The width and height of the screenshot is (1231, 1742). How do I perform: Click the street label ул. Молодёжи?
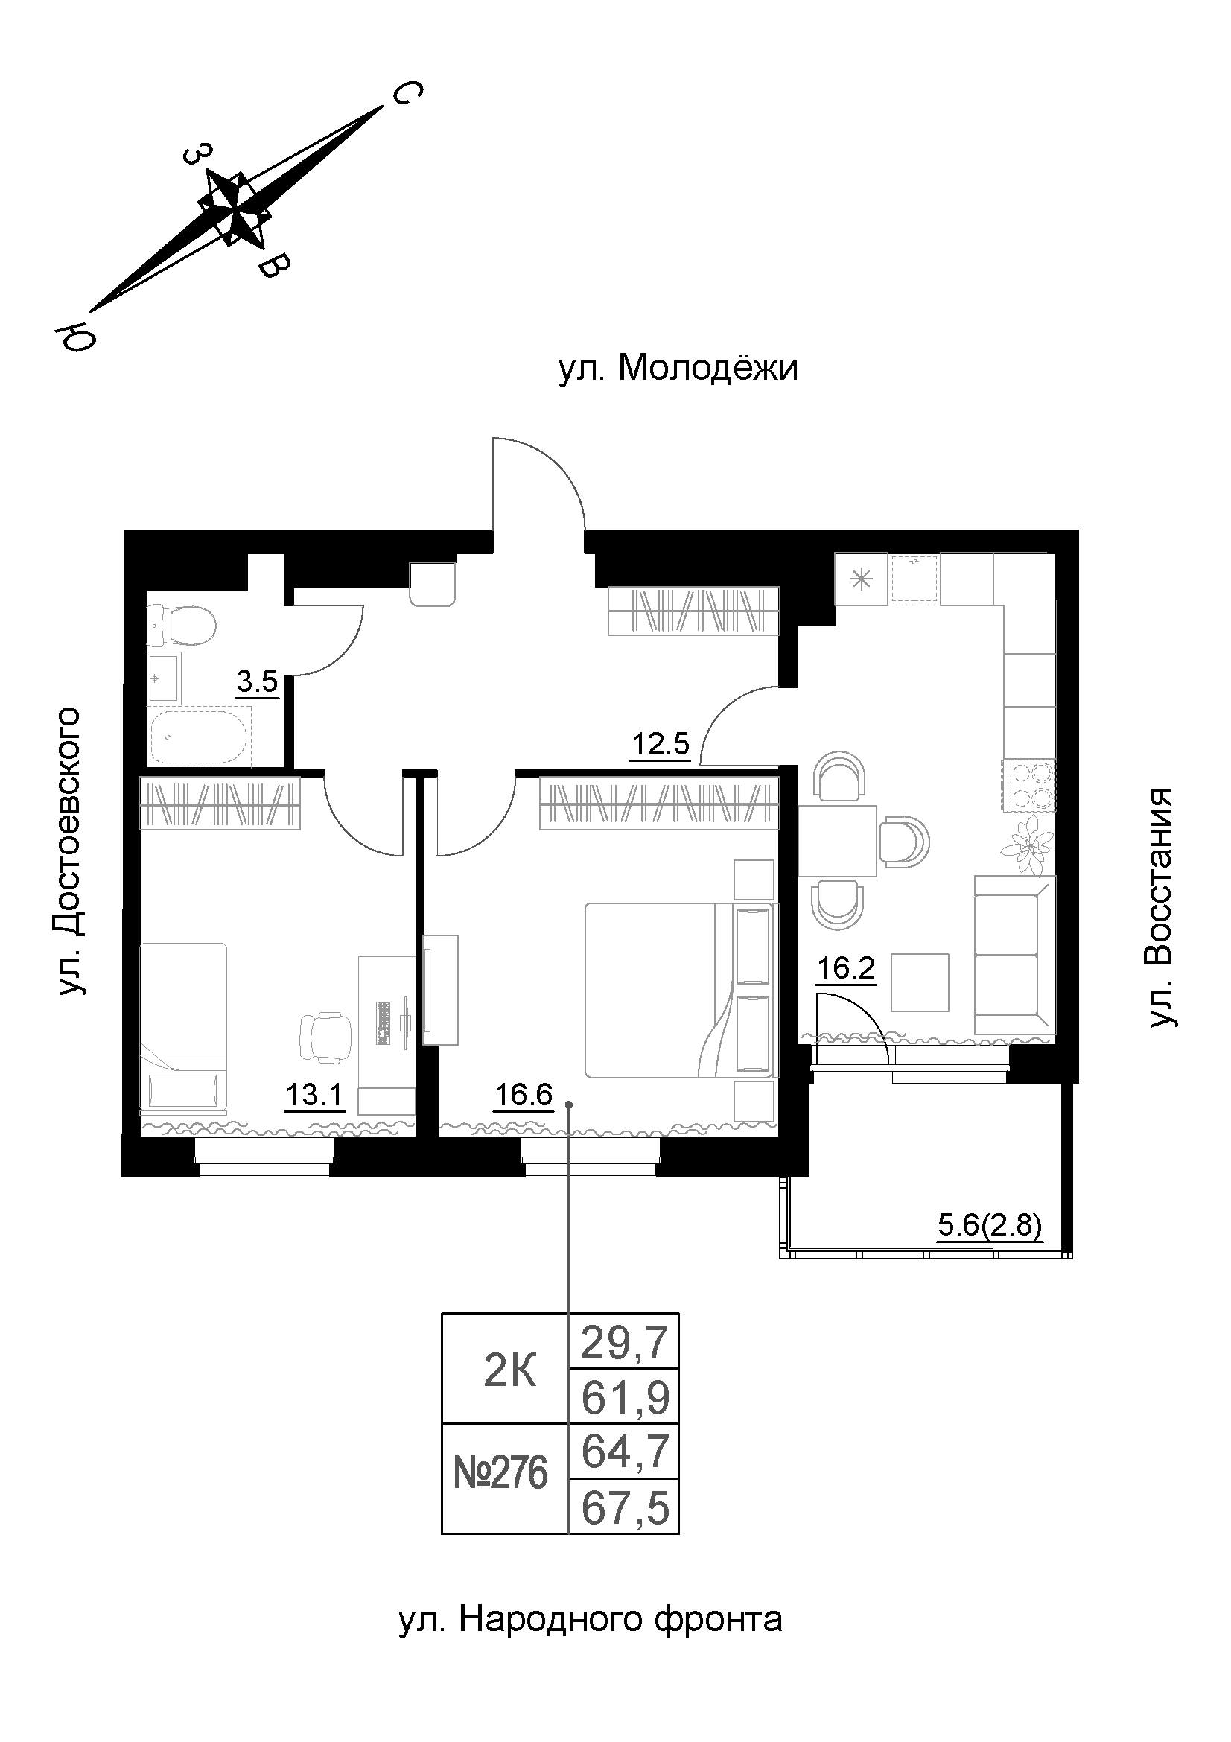click(678, 369)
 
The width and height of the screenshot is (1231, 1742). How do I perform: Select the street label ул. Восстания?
click(1160, 908)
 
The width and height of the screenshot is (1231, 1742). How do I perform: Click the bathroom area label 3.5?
click(257, 683)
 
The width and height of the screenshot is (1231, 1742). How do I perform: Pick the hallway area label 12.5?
click(661, 744)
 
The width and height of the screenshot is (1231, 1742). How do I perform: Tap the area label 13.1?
click(314, 1096)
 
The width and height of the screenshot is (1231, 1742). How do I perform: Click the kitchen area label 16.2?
click(846, 969)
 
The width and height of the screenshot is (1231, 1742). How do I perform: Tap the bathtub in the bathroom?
click(199, 737)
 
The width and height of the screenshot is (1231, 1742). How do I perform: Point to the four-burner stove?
click(1029, 785)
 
